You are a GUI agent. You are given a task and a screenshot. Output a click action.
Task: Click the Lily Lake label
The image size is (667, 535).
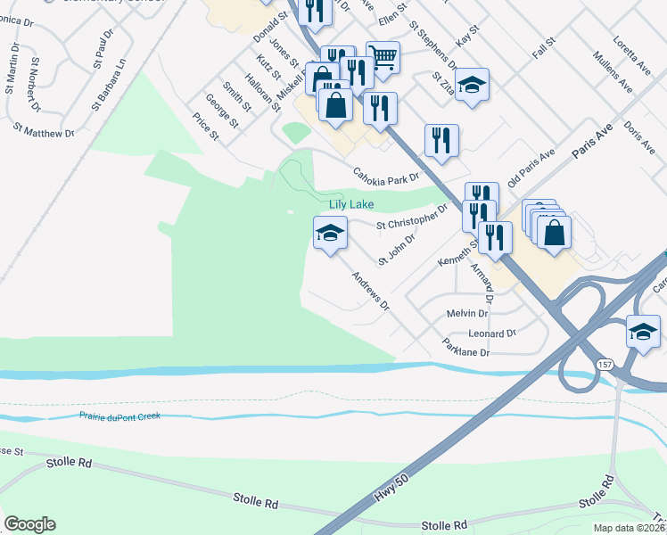point(351,204)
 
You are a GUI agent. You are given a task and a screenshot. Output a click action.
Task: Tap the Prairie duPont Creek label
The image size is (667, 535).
point(119,416)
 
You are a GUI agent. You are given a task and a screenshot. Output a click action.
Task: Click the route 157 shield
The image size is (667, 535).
point(605,366)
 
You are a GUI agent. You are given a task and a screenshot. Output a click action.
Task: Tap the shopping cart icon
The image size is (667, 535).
point(383,56)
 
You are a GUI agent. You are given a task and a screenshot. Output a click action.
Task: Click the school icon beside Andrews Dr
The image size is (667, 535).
point(330,234)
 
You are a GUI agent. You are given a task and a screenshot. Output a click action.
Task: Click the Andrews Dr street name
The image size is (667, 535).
point(371,292)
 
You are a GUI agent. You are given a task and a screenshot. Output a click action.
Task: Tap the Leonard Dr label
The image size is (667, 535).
point(492,333)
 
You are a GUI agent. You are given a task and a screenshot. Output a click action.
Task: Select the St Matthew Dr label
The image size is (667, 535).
point(43,132)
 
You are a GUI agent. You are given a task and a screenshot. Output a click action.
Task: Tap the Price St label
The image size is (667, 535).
point(206,126)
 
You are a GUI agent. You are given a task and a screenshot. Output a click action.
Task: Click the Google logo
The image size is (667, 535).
point(29,524)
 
